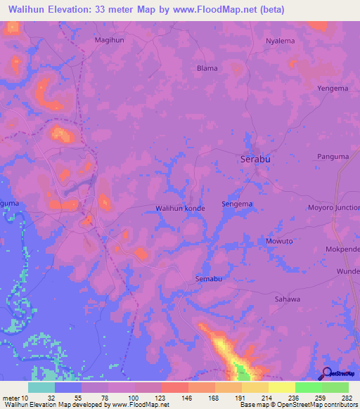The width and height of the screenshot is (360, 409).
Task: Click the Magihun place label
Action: click(x=109, y=40)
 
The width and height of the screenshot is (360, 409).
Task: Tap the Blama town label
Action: click(x=207, y=68)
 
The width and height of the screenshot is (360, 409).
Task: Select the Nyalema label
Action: click(x=280, y=41)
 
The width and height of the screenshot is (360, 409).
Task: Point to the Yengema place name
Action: click(x=333, y=89)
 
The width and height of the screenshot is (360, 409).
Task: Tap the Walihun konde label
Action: click(x=180, y=208)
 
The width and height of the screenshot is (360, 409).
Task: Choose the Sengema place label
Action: click(x=237, y=204)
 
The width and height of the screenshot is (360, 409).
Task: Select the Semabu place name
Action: click(x=209, y=279)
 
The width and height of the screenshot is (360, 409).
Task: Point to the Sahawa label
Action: click(x=287, y=299)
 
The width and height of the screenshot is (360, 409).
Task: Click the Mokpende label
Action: click(x=342, y=249)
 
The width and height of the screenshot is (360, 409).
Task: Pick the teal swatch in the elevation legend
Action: click(x=41, y=387)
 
